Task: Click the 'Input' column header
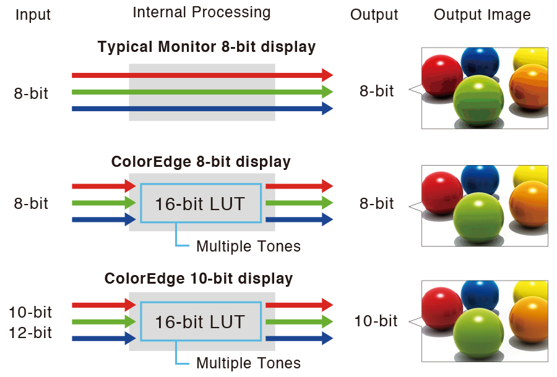[33, 15]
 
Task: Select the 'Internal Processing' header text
[202, 12]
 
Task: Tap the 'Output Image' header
[482, 15]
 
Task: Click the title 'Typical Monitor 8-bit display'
[207, 46]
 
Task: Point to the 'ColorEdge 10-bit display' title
[199, 278]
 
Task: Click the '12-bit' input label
[30, 333]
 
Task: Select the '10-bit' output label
[376, 321]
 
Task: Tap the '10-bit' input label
[30, 312]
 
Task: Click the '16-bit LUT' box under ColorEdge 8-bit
[200, 203]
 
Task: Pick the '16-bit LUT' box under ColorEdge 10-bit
[200, 322]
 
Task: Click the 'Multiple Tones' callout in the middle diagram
[248, 246]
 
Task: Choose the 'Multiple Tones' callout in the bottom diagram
[248, 363]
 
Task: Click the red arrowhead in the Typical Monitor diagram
[327, 75]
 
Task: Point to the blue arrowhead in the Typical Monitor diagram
[327, 109]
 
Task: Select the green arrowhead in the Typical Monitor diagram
[327, 92]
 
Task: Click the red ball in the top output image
[441, 75]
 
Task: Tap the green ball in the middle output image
[480, 216]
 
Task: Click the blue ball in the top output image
[480, 61]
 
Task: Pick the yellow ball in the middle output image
[531, 174]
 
